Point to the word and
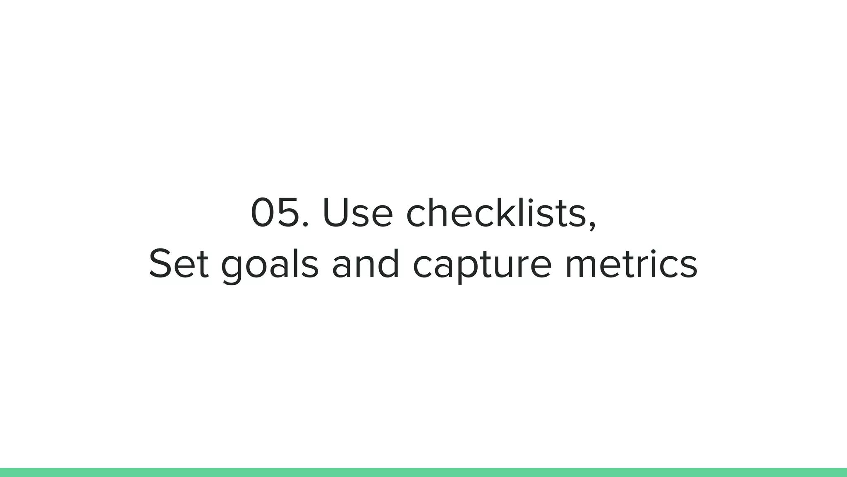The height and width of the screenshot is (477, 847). (x=366, y=264)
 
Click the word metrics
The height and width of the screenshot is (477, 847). (x=631, y=264)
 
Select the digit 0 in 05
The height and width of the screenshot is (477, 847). (x=264, y=213)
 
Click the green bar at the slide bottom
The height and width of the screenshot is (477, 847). (x=423, y=472)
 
